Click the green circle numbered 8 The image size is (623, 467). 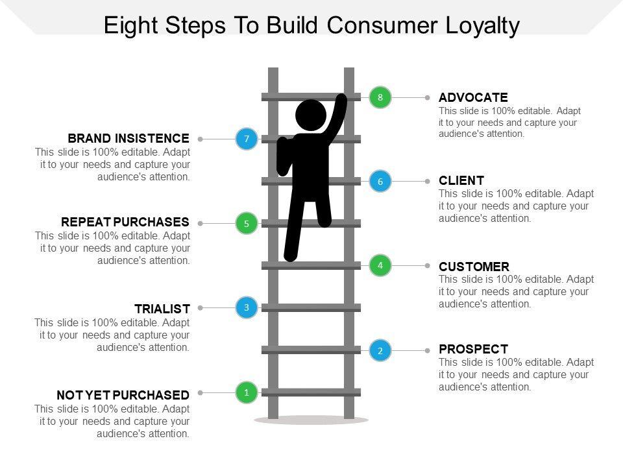(x=381, y=97)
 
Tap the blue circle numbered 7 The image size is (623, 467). (x=247, y=139)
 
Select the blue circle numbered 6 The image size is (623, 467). (x=381, y=181)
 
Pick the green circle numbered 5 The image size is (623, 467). (x=247, y=223)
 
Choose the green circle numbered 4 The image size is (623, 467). (x=381, y=265)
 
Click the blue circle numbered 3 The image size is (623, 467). (x=247, y=307)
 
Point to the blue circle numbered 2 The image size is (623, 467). (x=381, y=350)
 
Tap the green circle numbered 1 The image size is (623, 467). (x=247, y=392)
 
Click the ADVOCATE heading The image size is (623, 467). (x=473, y=97)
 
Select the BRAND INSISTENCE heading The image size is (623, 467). (x=128, y=139)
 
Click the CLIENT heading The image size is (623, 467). (x=461, y=181)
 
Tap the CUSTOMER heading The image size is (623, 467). (x=474, y=267)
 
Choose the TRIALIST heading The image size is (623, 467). (x=162, y=309)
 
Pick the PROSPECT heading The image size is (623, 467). (x=473, y=349)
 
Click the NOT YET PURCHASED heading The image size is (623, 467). (x=123, y=395)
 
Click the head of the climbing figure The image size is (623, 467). (x=311, y=115)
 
